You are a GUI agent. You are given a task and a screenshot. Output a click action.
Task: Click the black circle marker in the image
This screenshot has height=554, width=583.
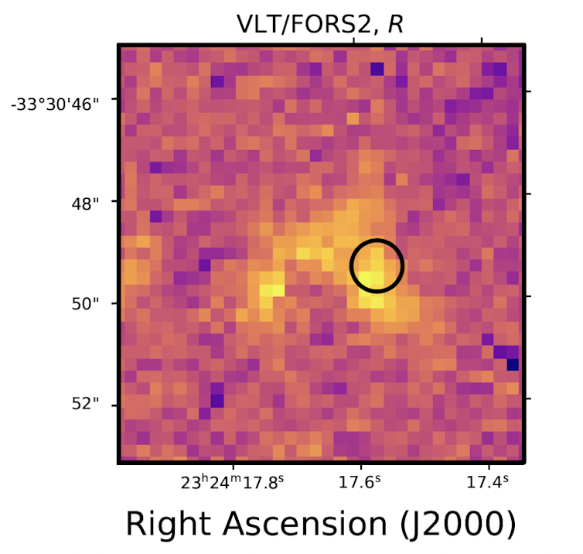coord(377,265)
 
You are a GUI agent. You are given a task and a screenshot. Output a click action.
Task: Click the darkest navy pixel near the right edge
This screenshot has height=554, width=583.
coord(512,364)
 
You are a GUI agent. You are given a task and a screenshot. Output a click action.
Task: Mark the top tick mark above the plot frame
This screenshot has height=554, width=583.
coord(482,41)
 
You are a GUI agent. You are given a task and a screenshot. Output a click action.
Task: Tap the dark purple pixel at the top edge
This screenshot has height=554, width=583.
coord(377,69)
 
